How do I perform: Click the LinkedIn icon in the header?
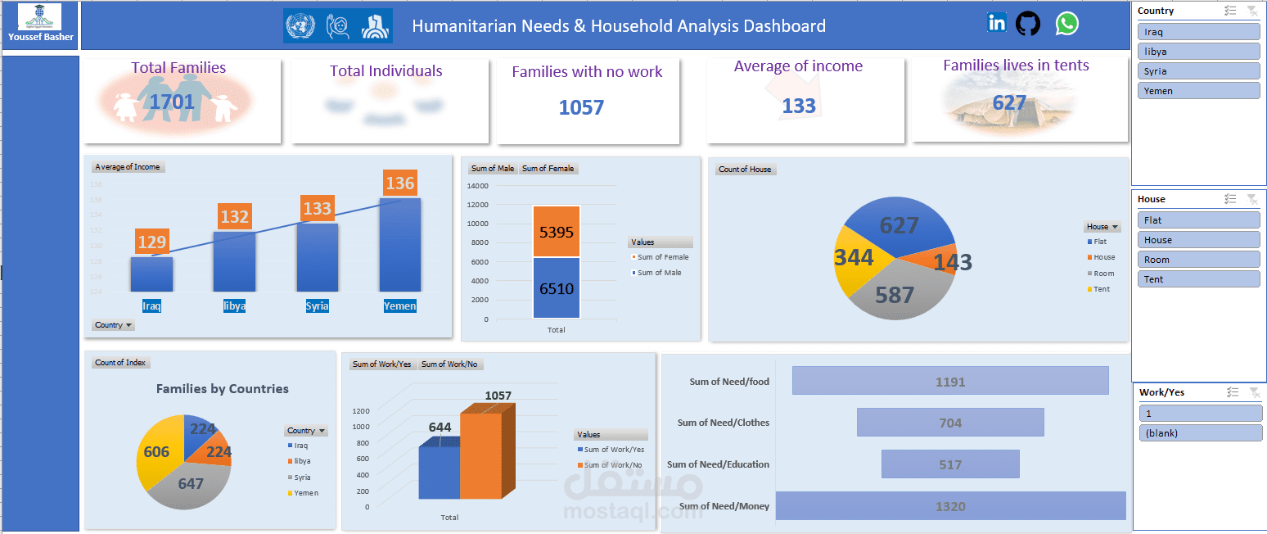(x=996, y=23)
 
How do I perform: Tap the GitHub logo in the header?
(x=1028, y=24)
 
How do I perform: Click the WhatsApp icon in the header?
(x=1066, y=24)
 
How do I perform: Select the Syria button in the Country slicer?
(x=1198, y=71)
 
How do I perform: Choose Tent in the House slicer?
(x=1198, y=279)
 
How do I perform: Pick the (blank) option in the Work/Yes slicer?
(x=1200, y=432)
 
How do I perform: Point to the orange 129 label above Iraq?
(x=152, y=242)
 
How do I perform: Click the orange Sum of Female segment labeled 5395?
(x=557, y=232)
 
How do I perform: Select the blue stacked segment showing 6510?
(x=557, y=288)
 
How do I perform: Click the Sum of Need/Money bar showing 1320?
(x=950, y=506)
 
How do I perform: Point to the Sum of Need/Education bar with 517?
(x=950, y=464)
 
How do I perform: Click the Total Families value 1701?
(x=172, y=102)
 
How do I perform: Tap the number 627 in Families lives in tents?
(x=1009, y=102)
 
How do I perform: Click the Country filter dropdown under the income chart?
(x=114, y=325)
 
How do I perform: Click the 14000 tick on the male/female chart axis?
(x=477, y=185)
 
